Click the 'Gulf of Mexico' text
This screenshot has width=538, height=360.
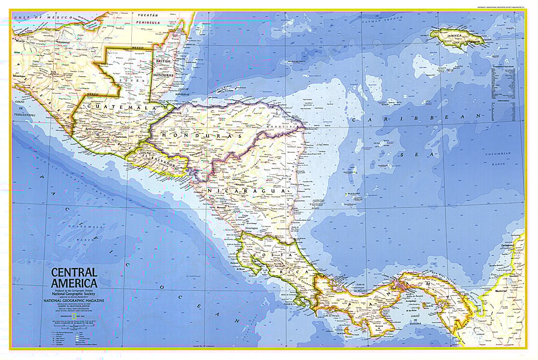click(37, 18)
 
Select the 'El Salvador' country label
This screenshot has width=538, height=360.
click(157, 159)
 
